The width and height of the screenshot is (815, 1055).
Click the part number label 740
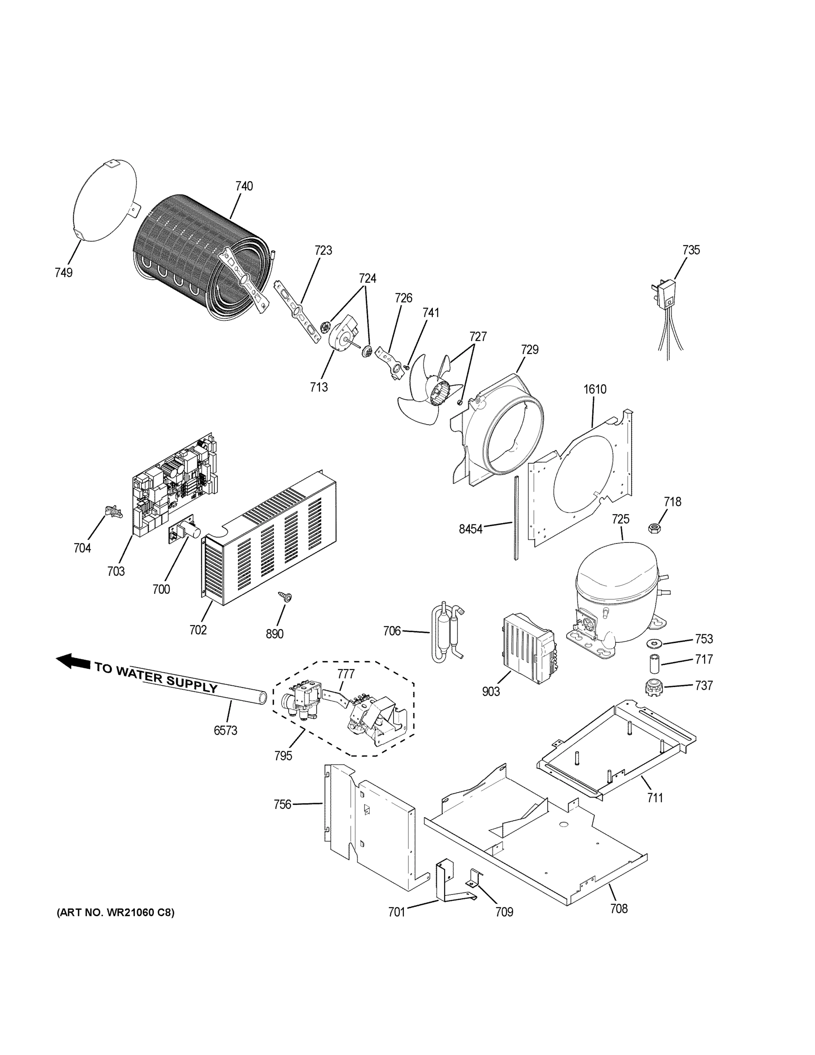click(x=244, y=186)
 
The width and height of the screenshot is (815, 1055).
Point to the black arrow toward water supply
click(x=72, y=661)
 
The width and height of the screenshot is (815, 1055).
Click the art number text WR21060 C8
click(x=116, y=913)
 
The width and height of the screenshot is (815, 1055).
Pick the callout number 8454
click(x=470, y=529)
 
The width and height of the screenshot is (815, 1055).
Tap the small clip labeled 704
click(x=111, y=511)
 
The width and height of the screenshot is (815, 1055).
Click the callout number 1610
click(x=595, y=389)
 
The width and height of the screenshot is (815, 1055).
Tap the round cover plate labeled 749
click(x=104, y=200)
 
